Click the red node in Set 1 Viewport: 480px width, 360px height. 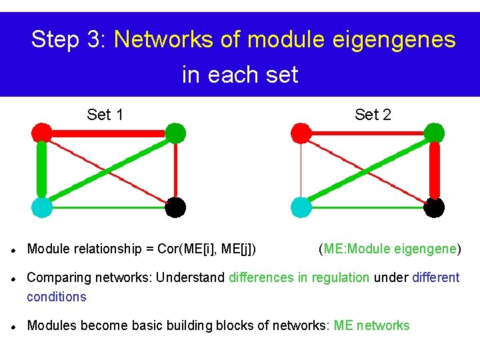[x=42, y=133]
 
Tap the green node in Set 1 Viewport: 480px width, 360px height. [x=175, y=133]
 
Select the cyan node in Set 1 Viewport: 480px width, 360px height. [x=42, y=207]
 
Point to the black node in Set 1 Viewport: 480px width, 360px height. [x=175, y=207]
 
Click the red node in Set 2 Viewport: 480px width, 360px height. [x=301, y=133]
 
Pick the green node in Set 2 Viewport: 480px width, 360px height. [x=434, y=133]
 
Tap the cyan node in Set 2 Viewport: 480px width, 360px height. [x=301, y=207]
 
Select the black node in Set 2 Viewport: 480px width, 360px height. [x=434, y=207]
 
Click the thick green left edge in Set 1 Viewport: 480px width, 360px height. [x=42, y=170]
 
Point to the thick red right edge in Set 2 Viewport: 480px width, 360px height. [x=435, y=170]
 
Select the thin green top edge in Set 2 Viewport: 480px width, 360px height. [x=367, y=133]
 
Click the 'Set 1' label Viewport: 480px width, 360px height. [x=105, y=115]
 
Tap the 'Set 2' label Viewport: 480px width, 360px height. [x=373, y=115]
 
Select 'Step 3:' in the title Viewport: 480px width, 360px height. [x=69, y=40]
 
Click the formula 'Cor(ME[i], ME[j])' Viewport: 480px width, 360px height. [x=207, y=249]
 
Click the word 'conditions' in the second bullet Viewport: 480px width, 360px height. [x=57, y=297]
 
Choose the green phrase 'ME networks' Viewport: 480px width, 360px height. [x=371, y=325]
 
